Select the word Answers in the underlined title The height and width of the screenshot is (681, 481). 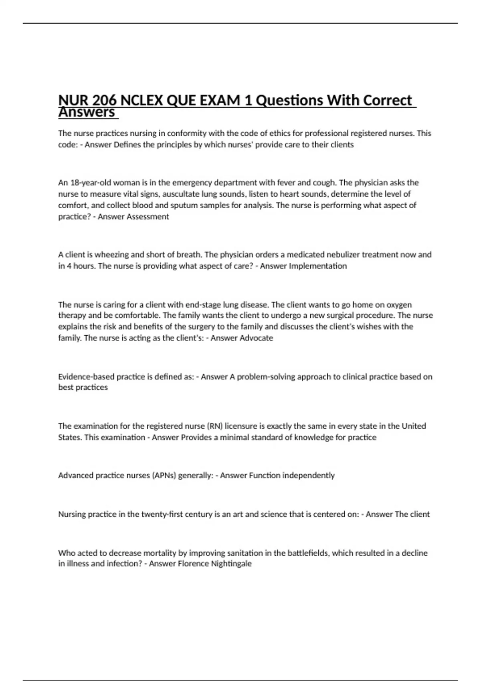point(87,112)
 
